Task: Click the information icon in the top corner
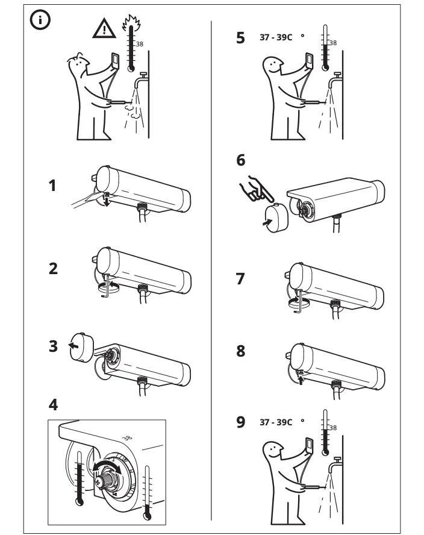click(x=40, y=20)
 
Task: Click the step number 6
click(x=242, y=160)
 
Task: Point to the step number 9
click(x=241, y=422)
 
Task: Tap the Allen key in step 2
click(x=107, y=288)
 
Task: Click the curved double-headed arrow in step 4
click(x=105, y=468)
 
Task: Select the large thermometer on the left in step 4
click(x=78, y=478)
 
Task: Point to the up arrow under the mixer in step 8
click(x=299, y=378)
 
